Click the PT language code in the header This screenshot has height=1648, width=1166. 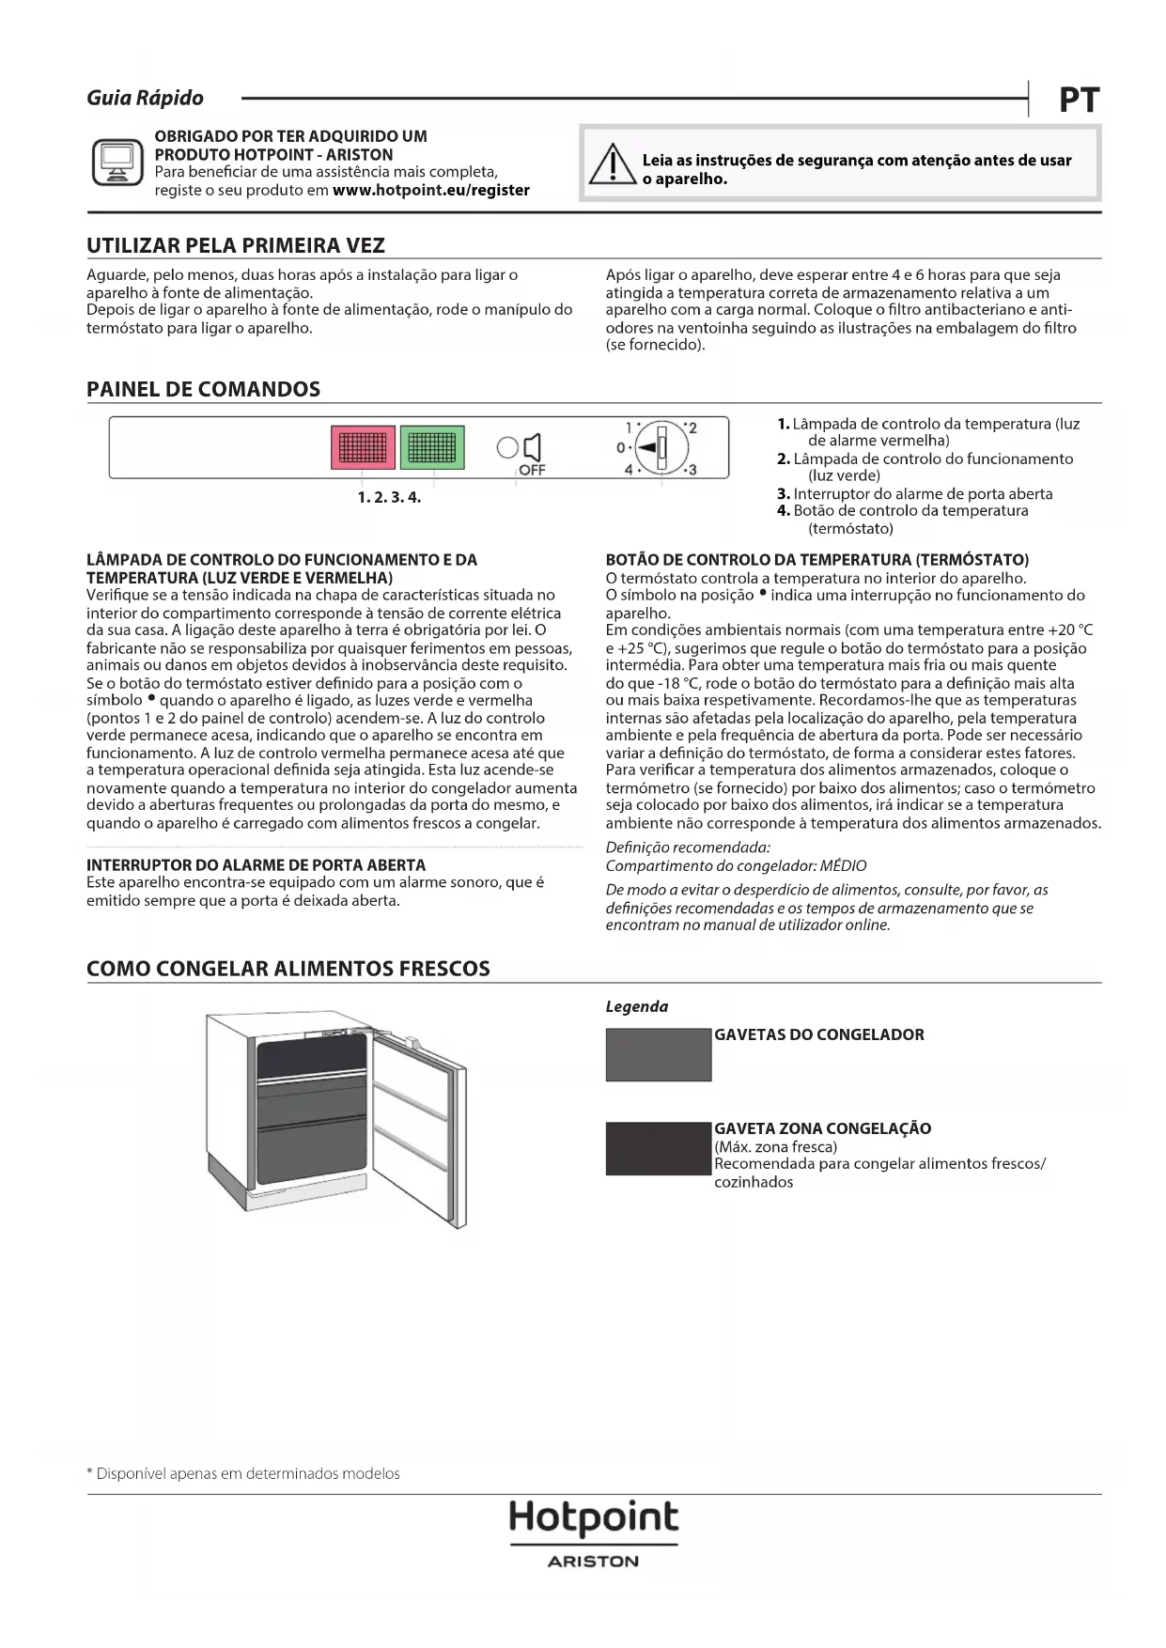click(1079, 100)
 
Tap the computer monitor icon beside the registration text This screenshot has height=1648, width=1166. click(117, 162)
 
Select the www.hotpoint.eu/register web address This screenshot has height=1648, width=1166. click(430, 191)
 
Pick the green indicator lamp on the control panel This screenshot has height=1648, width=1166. click(431, 447)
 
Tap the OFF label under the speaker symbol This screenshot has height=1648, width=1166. click(532, 471)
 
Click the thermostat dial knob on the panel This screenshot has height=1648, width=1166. click(660, 447)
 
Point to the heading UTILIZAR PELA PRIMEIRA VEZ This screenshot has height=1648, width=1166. click(235, 246)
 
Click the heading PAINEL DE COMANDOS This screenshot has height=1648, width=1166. click(203, 389)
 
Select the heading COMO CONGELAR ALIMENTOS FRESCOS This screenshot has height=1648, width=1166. click(288, 969)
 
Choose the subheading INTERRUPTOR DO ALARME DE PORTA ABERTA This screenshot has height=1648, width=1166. click(256, 864)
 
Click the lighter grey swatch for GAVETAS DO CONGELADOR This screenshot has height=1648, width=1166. click(658, 1054)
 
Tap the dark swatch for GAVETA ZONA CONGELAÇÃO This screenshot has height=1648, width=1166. click(658, 1148)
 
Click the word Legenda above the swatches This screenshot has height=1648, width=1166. click(636, 1006)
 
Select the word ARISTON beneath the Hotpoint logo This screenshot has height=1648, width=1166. click(593, 1562)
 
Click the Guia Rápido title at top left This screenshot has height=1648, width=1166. click(145, 98)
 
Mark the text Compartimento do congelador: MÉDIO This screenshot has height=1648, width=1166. click(736, 865)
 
